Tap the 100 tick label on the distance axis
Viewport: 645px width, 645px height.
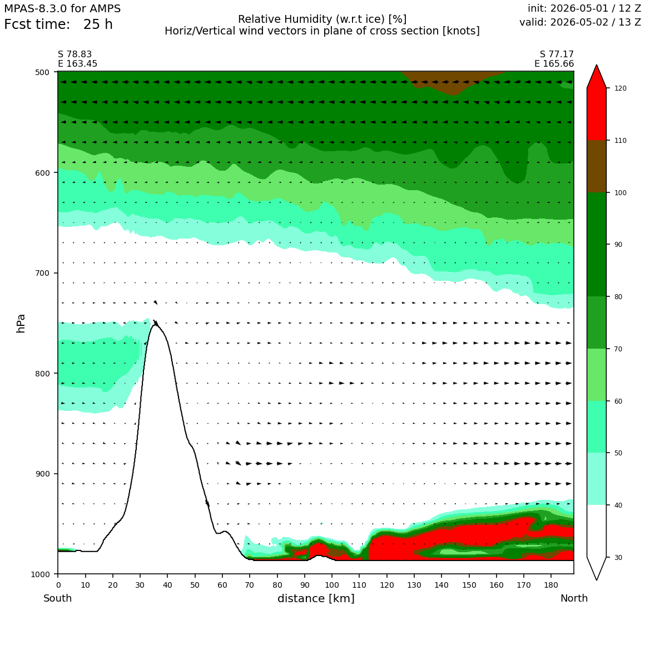click(332, 585)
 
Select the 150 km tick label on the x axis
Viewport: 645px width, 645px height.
click(469, 585)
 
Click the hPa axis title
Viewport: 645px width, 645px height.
click(21, 323)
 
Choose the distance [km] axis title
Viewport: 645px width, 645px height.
click(316, 598)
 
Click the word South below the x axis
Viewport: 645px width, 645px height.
click(58, 598)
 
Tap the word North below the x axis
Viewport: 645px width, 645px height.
click(574, 598)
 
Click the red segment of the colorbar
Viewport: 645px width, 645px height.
click(597, 115)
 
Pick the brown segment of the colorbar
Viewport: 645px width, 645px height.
click(597, 166)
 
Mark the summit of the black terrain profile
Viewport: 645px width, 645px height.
click(155, 325)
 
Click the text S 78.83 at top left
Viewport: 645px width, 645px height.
click(75, 54)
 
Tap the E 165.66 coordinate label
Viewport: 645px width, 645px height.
click(554, 64)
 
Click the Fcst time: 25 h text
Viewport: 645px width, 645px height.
click(58, 24)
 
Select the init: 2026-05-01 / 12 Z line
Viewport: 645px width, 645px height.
click(584, 8)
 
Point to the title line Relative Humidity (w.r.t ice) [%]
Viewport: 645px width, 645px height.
click(322, 19)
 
